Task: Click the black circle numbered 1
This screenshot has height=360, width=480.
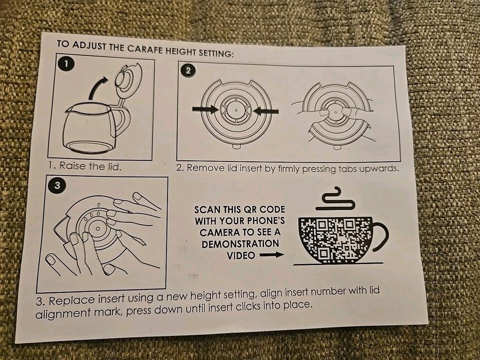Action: click(x=66, y=64)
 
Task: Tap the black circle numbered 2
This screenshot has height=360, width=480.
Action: click(x=188, y=71)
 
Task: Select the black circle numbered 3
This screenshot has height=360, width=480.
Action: click(x=57, y=185)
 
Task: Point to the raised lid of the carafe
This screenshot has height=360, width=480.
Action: click(x=128, y=81)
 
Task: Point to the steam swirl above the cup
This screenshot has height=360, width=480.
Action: click(x=335, y=199)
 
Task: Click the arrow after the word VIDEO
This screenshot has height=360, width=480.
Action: click(x=272, y=255)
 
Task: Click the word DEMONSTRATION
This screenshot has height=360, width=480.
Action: click(x=240, y=244)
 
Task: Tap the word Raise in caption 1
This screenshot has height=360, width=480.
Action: click(x=73, y=166)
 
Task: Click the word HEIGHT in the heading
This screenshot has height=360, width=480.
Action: click(x=180, y=51)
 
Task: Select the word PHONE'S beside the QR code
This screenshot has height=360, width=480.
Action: click(x=266, y=221)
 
